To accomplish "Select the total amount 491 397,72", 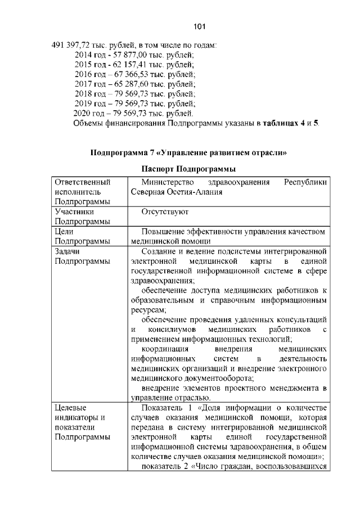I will [71, 45].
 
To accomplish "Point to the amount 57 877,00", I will [129, 55].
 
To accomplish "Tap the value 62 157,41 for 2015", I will [129, 64].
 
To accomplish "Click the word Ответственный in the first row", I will [82, 182].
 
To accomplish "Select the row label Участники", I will [75, 212].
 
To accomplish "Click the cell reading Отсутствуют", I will [165, 212].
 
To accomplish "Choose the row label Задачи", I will [69, 251].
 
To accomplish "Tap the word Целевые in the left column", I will [72, 407].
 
